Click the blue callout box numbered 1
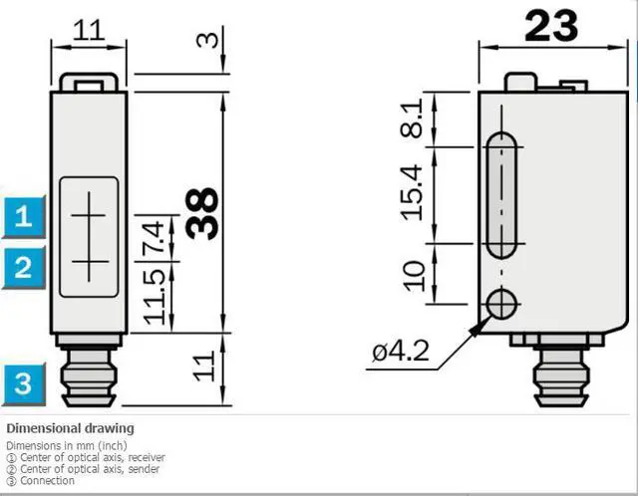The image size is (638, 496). (24, 216)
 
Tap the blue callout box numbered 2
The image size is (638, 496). (24, 267)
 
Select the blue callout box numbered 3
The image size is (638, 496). (24, 383)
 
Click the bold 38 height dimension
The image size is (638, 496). (202, 213)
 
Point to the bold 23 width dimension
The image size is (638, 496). (551, 26)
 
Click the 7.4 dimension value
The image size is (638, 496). (155, 237)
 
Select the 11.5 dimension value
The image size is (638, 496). (155, 297)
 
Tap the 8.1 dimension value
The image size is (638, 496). (411, 120)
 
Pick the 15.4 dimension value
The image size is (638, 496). (411, 192)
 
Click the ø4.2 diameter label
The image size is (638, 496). (401, 351)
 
